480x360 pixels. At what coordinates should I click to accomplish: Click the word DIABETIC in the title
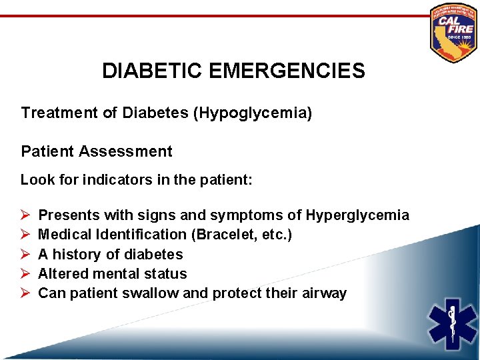click(x=154, y=71)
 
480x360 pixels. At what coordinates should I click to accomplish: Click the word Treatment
click(x=60, y=113)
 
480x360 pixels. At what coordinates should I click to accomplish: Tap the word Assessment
click(x=125, y=151)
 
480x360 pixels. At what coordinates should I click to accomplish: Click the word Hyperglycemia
click(x=357, y=215)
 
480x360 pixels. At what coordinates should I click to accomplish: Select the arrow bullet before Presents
click(x=24, y=215)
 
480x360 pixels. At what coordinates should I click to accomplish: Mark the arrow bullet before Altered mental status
click(x=24, y=273)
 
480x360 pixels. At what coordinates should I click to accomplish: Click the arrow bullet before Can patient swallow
click(x=24, y=293)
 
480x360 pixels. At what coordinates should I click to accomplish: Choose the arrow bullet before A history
click(x=24, y=254)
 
